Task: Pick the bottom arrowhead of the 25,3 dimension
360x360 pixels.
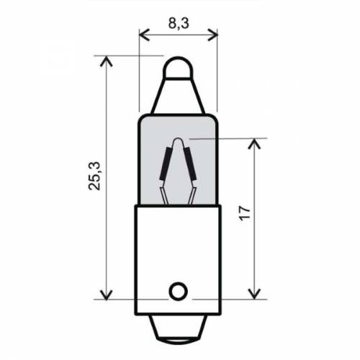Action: click(x=107, y=294)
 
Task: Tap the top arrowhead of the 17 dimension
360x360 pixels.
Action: click(x=253, y=142)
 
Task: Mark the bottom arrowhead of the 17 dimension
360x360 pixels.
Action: click(x=253, y=294)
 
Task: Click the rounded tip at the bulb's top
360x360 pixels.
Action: click(x=177, y=68)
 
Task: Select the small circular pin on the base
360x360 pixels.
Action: click(x=177, y=291)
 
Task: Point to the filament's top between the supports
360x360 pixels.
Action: click(x=177, y=140)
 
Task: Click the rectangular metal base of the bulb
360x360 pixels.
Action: click(x=177, y=252)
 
